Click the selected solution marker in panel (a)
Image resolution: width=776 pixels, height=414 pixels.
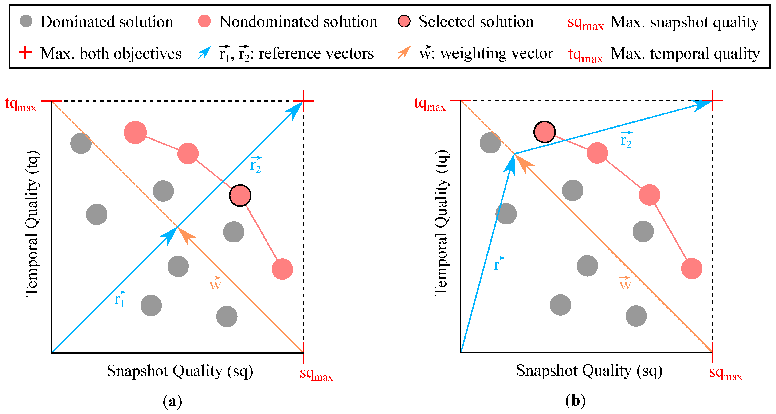coord(240,195)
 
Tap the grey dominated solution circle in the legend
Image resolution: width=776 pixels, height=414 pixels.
coord(26,21)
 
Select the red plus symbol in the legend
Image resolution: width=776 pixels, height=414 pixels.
coord(26,53)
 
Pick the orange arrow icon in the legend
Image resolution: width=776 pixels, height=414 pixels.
coord(404,52)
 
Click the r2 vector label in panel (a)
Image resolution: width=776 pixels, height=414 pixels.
coord(255,164)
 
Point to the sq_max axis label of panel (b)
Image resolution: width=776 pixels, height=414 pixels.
coord(725,373)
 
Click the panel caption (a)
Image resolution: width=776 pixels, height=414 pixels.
coord(172,401)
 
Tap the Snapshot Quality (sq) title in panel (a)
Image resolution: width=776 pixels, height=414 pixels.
coord(180,371)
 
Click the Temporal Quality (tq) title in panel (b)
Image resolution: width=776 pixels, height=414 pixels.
coord(441,223)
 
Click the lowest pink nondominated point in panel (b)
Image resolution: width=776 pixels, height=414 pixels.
coord(691,269)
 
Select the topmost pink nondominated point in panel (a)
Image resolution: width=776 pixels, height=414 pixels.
coord(135,133)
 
